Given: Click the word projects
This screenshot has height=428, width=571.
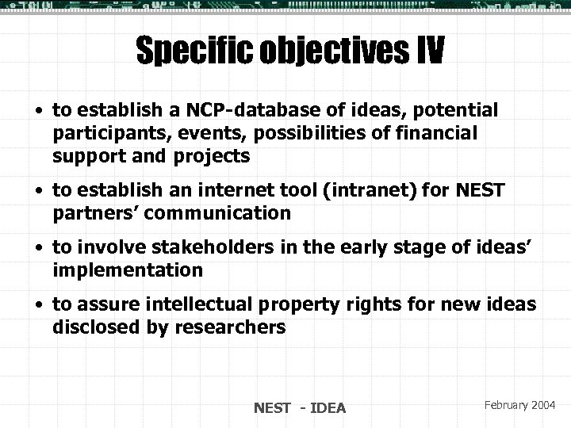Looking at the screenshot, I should point(211,157).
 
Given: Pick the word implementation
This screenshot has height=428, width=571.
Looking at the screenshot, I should point(128,271).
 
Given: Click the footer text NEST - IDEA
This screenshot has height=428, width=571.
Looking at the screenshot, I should point(299,408).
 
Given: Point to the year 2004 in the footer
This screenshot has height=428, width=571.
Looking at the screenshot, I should point(544,405).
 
